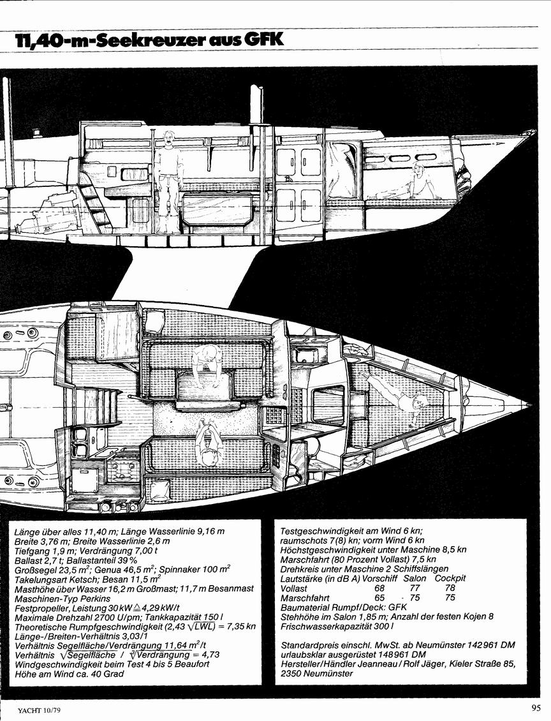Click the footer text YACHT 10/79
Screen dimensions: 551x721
(40, 710)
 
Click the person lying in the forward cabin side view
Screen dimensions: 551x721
(411, 182)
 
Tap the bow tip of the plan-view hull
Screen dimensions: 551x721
(532, 405)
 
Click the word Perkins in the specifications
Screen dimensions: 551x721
(96, 598)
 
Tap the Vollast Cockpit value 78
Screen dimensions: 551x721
(450, 588)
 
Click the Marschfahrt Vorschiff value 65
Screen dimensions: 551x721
(379, 597)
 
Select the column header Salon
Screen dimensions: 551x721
(415, 578)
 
